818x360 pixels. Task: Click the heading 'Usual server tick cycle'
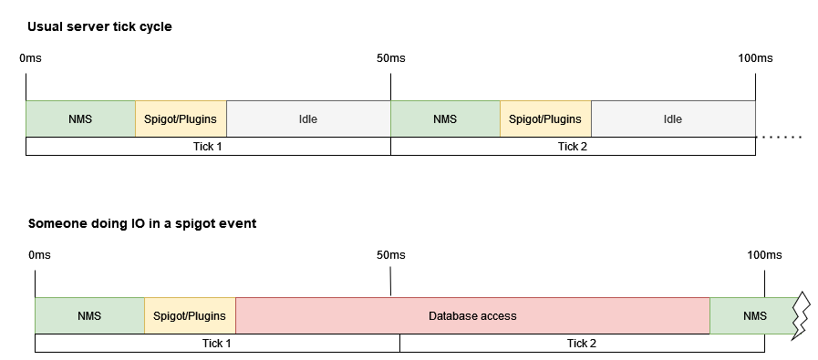coord(99,26)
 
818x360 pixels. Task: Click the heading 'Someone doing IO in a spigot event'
coord(141,223)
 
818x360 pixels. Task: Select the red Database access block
coord(472,316)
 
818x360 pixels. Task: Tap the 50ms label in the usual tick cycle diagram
coord(390,58)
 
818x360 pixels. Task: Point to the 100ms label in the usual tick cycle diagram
coord(754,58)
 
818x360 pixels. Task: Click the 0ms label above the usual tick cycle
coord(30,58)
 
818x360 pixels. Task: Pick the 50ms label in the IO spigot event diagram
coord(390,255)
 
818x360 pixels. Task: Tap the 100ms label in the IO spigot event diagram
coord(764,255)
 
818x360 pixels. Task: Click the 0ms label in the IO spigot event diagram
coord(39,255)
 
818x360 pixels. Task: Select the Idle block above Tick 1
coord(308,118)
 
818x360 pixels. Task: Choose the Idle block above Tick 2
coord(673,118)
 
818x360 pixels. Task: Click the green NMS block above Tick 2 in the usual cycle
coord(445,118)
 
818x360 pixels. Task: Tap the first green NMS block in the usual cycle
coord(80,118)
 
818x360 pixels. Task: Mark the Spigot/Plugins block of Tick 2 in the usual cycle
coord(545,118)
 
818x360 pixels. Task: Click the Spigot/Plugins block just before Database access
coord(190,316)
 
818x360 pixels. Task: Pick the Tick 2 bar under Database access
coord(582,344)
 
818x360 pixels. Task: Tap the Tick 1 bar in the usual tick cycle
coord(208,146)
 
